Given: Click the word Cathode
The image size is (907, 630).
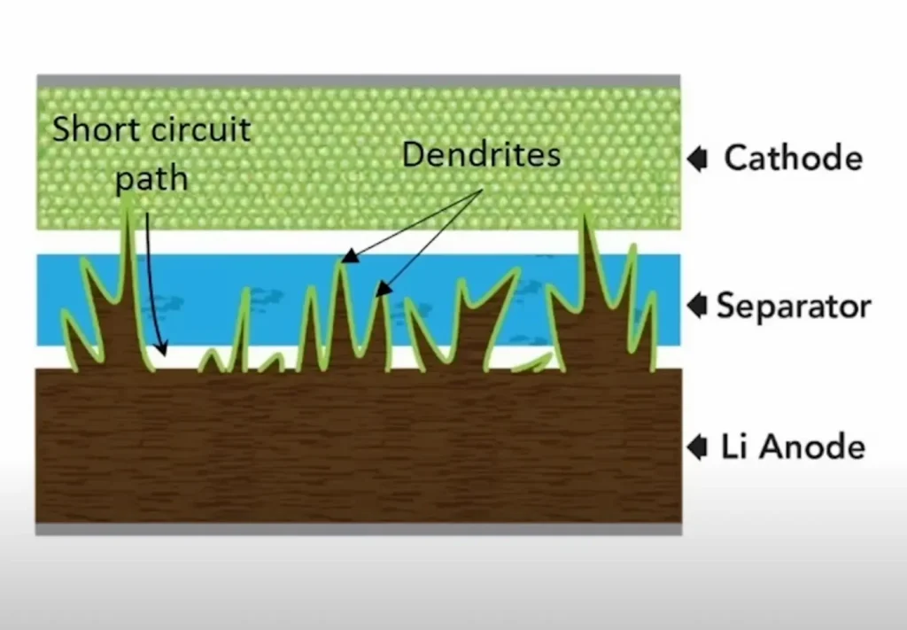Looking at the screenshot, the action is coord(793,158).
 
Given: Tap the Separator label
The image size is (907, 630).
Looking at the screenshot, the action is coord(794,306).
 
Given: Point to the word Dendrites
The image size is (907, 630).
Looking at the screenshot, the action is coord(481,154).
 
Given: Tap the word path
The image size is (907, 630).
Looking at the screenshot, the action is coord(152,179).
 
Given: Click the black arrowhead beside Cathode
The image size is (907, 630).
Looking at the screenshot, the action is coord(698,159).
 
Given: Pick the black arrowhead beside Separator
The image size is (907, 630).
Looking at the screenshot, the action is coord(698,306).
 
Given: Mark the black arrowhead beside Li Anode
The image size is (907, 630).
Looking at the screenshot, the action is coord(698,447).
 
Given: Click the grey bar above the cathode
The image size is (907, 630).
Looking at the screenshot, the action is coord(359,81).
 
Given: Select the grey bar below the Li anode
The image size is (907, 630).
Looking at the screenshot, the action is coord(359,529).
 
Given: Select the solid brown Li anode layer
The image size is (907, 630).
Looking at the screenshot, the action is coord(359,446).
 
